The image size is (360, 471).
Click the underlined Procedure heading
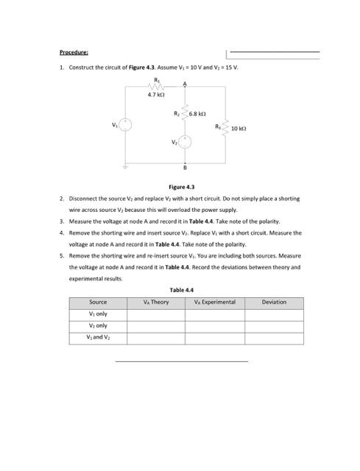74,52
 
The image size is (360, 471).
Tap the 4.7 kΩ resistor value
155,93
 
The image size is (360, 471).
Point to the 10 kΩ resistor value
239,128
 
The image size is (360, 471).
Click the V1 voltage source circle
126,124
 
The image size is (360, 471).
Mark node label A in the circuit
186,82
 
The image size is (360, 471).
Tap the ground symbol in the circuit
126,167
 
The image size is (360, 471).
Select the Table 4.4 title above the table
181,290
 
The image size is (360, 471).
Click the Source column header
98,302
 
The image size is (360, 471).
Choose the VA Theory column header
156,302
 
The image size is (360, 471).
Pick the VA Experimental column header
214,302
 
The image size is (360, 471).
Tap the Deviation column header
274,302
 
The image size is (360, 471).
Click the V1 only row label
98,314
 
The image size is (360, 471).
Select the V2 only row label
98,325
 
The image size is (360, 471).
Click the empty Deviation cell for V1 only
274,314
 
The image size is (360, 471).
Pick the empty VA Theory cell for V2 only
156,325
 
